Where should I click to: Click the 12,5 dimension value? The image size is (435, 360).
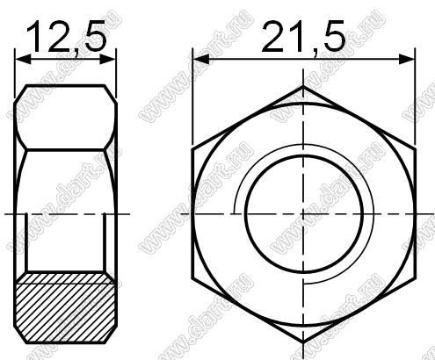(x=66, y=37)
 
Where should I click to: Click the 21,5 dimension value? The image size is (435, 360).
(x=303, y=37)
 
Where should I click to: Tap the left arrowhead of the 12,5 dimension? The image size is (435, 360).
(x=23, y=60)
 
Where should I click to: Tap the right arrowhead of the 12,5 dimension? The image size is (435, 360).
(x=107, y=60)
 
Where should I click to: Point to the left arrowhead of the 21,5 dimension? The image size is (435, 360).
(x=201, y=60)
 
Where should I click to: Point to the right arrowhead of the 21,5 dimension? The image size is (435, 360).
(x=407, y=60)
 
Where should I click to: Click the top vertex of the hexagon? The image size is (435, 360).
(x=303, y=86)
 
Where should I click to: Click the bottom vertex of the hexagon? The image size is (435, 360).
(x=303, y=342)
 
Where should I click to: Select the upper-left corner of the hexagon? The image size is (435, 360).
(x=192, y=150)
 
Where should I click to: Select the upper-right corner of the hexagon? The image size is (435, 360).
(x=415, y=150)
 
